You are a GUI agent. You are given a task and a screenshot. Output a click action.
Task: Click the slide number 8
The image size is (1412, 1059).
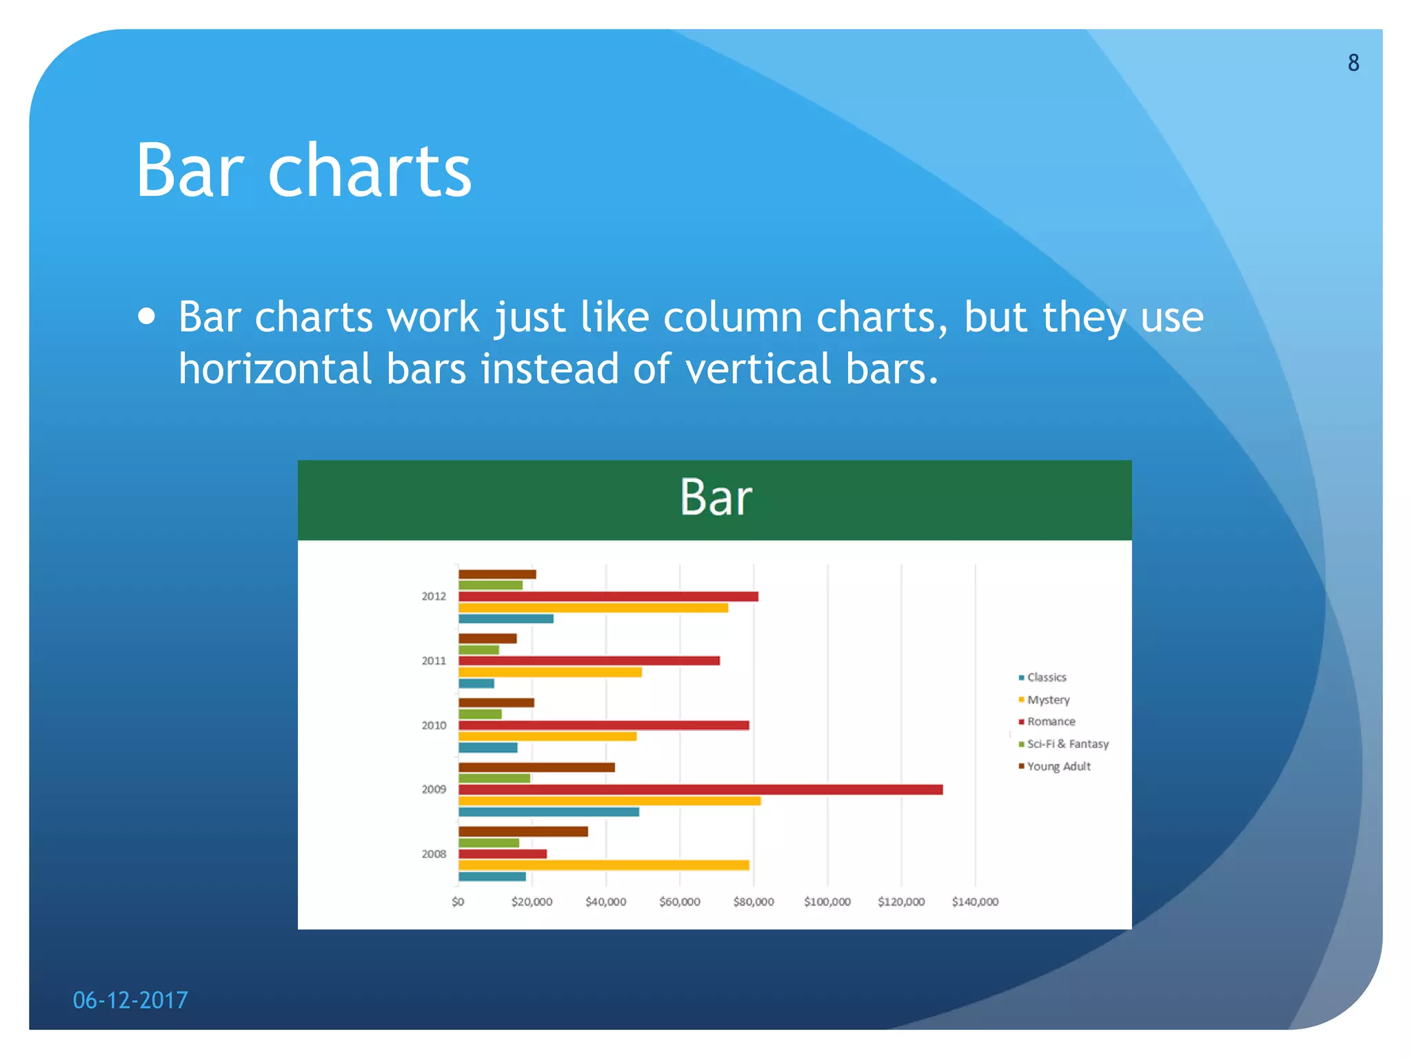coord(1353,63)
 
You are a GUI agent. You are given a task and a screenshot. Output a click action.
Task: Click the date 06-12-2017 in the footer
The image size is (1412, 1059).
coord(130,1000)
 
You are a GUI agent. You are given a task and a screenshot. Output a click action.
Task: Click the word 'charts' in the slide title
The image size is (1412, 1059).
coord(369,170)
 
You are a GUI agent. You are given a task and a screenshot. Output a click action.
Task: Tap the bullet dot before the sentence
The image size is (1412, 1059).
coord(146,316)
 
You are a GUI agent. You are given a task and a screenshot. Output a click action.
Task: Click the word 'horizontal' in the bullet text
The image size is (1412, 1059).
coord(274,368)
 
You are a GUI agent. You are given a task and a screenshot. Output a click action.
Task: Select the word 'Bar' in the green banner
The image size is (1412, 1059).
coord(715,497)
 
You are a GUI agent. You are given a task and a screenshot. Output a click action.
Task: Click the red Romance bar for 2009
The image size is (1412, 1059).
coord(700,789)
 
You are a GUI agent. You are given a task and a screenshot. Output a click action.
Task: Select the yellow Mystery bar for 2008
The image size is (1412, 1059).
coord(603,865)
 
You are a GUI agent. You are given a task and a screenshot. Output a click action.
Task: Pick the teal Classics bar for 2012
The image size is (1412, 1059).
coord(505,618)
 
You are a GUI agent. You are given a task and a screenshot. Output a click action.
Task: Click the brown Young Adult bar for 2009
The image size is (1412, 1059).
coord(536,767)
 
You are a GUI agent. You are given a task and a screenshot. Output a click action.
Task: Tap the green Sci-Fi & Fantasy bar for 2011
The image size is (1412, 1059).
coord(478,649)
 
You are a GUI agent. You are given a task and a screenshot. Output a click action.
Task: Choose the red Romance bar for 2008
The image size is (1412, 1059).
coord(502,854)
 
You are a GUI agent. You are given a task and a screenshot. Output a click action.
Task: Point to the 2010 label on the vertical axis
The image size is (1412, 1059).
coord(434,725)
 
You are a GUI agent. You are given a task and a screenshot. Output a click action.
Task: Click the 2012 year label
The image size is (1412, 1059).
coord(434,596)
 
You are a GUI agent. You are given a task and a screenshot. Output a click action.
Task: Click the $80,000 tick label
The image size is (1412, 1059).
coord(753,902)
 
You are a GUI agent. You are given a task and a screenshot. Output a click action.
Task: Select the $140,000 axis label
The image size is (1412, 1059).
coord(974,902)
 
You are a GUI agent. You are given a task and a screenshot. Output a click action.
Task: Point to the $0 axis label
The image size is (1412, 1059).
coord(458,902)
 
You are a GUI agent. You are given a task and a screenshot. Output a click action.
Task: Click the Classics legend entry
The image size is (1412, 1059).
coord(1046,677)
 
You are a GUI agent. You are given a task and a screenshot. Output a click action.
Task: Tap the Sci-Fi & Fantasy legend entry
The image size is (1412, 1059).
coord(1067,744)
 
